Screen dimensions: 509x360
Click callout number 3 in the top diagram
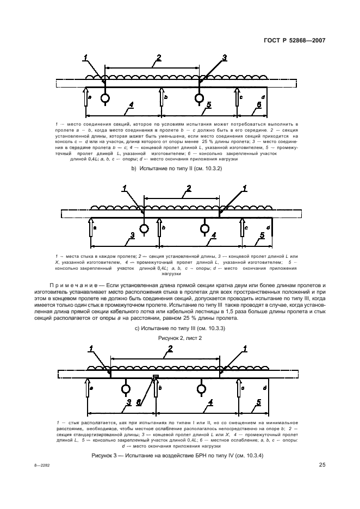[224, 58]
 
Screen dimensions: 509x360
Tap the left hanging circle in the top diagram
[104, 98]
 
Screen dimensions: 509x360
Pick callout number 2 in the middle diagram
[188, 189]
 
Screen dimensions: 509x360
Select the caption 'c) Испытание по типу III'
[179, 328]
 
